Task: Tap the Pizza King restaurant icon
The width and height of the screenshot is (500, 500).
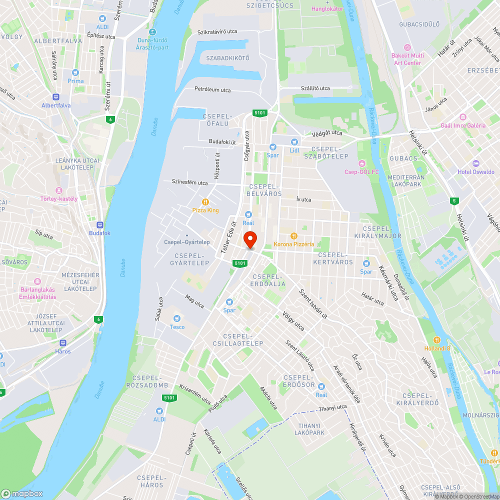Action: [205, 201]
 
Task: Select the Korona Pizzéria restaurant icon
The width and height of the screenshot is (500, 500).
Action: [294, 235]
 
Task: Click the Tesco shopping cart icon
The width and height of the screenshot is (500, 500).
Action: [176, 318]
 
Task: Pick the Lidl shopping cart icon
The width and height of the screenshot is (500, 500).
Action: [294, 141]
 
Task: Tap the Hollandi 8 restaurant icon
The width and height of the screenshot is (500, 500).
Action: [437, 339]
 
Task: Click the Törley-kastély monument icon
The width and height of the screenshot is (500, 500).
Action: [59, 190]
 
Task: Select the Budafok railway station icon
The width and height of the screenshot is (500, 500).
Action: [99, 225]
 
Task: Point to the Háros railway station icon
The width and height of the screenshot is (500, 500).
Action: [63, 343]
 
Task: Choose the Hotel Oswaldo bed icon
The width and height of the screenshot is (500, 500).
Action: [475, 163]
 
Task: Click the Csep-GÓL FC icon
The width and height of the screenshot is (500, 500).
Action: [361, 163]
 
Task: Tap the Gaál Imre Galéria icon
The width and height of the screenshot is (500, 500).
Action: [462, 117]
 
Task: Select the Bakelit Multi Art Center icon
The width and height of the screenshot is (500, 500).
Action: [407, 47]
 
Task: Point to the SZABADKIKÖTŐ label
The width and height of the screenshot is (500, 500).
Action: [227, 58]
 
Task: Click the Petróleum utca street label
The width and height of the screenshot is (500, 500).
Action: [212, 89]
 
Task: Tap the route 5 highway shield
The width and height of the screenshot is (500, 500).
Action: [454, 201]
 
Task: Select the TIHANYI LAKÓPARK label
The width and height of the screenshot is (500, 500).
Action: [311, 429]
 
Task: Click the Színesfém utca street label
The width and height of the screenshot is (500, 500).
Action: [189, 182]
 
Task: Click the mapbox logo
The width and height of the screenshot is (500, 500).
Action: [22, 493]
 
